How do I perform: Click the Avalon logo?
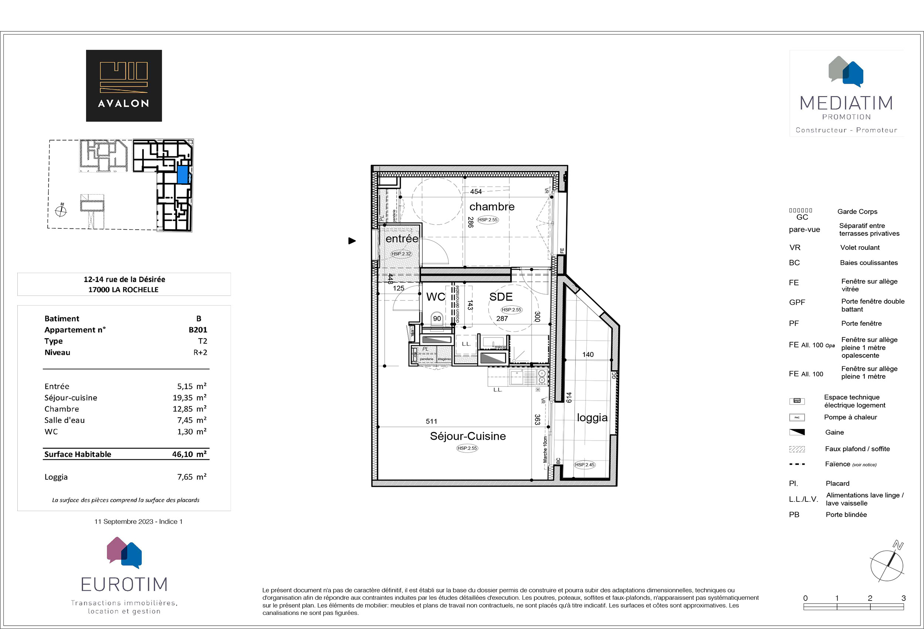pos(124,85)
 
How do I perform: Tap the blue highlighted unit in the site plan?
pos(183,174)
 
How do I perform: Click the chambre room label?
pos(492,207)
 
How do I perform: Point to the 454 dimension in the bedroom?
pos(476,192)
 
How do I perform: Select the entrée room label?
pos(401,239)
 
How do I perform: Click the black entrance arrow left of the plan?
pos(352,241)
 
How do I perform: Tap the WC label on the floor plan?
pos(435,297)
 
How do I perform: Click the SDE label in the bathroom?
pos(500,297)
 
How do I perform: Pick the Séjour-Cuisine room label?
pos(468,436)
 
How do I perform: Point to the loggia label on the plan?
pos(592,418)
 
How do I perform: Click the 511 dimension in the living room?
pos(431,421)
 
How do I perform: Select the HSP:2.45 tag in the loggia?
pos(584,465)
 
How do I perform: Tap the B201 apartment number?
pos(198,330)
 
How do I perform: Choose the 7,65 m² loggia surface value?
pos(192,477)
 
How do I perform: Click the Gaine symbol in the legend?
pos(797,432)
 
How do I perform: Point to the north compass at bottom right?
pos(887,565)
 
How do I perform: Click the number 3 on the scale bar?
pos(903,598)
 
